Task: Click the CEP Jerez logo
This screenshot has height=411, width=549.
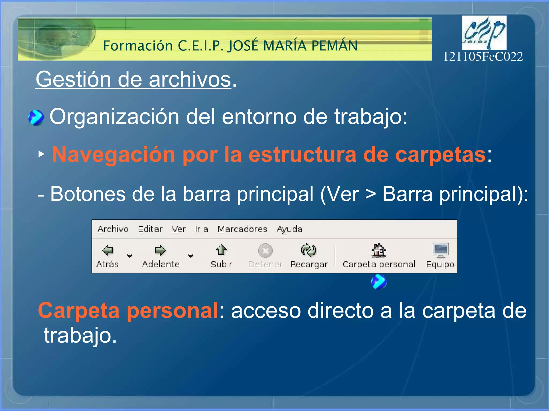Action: [x=484, y=32]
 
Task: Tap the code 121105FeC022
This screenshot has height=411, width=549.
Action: [x=483, y=57]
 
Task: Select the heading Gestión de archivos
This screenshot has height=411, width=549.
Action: [x=133, y=79]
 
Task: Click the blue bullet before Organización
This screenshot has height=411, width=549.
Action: [x=36, y=118]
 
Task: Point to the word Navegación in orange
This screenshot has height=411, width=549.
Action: [x=113, y=154]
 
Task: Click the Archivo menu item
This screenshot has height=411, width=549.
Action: [x=113, y=229]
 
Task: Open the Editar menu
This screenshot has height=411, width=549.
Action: [x=150, y=229]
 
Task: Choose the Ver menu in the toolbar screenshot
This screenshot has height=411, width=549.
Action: [x=179, y=229]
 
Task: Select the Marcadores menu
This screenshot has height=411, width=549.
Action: [x=242, y=229]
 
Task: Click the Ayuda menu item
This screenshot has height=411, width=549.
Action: [x=290, y=229]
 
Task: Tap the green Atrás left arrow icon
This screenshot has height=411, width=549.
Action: [x=108, y=250]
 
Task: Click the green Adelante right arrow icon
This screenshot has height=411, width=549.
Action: [x=161, y=250]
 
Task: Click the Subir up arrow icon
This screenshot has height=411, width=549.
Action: [x=221, y=250]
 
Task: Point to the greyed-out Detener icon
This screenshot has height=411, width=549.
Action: [x=265, y=251]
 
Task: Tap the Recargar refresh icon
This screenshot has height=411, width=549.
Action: [x=309, y=250]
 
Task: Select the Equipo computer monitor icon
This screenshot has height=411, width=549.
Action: [x=440, y=250]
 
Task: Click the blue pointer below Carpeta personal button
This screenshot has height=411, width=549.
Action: [x=379, y=282]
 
